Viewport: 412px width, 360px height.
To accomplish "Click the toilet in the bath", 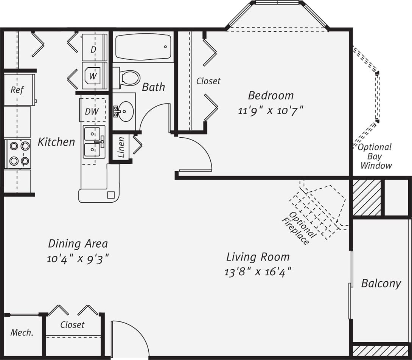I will coord(129,78).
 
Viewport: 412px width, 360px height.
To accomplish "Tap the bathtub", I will coord(143,47).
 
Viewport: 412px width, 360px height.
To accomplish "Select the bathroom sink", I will coord(125,111).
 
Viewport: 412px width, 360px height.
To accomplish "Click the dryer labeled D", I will coord(94,49).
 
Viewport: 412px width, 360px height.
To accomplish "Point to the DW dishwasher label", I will coord(92,112).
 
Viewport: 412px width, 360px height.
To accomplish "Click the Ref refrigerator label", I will coord(17,90).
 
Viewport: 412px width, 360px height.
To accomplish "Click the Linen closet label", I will coord(121,147).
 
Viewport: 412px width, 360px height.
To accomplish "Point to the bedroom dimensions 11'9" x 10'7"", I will coord(271,111).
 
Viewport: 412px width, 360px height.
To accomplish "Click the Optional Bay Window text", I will coord(375,156).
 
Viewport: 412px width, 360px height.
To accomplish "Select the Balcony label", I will coord(381,283).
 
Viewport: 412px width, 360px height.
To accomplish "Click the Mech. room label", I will coord(22,333).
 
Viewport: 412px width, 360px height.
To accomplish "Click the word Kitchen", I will coord(56,142).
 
